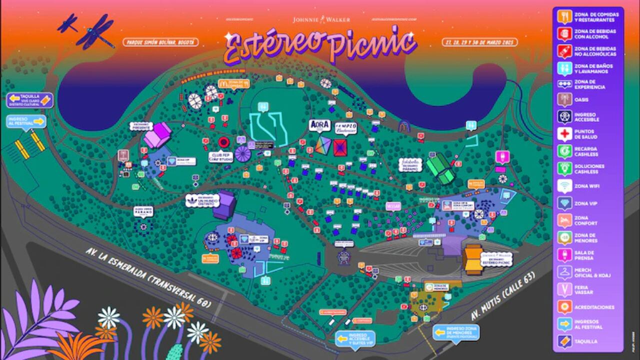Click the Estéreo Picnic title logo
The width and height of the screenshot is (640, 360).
[320, 46]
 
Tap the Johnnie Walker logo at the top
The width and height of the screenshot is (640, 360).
[321, 19]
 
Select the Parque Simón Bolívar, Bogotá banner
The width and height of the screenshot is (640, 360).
[159, 42]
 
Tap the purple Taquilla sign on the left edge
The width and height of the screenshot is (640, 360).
[30, 100]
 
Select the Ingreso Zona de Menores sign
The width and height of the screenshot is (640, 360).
[455, 332]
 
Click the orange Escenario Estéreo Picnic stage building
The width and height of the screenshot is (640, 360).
[472, 259]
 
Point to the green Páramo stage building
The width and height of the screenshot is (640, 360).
[440, 167]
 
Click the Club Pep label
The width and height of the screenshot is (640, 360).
[221, 156]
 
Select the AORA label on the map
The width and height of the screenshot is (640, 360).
[320, 125]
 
